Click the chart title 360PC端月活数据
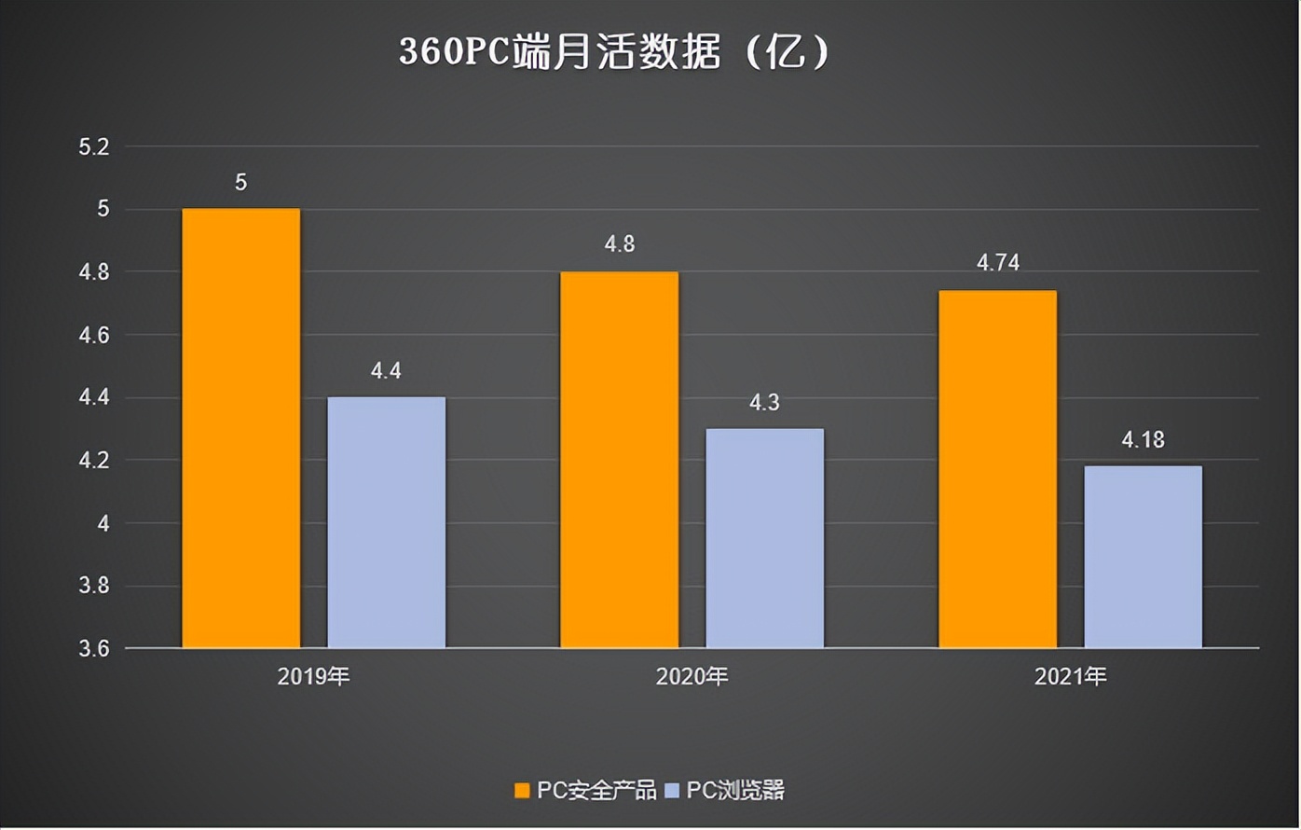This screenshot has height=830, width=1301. (x=613, y=52)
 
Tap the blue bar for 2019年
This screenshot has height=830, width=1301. (x=386, y=522)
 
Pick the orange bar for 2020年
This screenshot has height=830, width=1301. (x=619, y=459)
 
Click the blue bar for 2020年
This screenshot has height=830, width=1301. (x=764, y=538)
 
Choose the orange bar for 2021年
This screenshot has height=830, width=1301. (x=997, y=468)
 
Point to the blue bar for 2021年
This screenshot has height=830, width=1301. (x=1143, y=557)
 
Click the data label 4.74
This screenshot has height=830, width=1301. (x=997, y=263)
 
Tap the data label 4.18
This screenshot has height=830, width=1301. (x=1143, y=439)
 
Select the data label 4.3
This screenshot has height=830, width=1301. (x=764, y=403)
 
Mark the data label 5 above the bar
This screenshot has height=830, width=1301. (x=240, y=183)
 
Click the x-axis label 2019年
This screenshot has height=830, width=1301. (x=313, y=676)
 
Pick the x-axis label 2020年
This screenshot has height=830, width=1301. (x=692, y=676)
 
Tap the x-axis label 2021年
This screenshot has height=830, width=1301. (x=1070, y=676)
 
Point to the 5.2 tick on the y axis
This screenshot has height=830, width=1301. (x=94, y=146)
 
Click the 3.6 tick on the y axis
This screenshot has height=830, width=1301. (x=94, y=648)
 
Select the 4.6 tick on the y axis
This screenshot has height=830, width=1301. (x=94, y=335)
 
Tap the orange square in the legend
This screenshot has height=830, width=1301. (x=523, y=791)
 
